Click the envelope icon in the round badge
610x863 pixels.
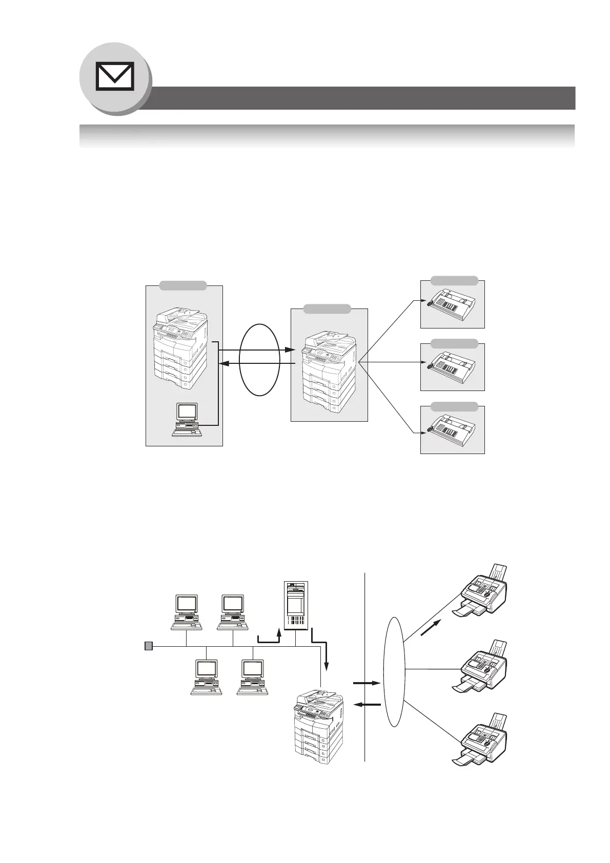coord(115,76)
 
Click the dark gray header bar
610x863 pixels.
coord(359,98)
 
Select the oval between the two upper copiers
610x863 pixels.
coord(260,359)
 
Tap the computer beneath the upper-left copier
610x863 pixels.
coord(187,419)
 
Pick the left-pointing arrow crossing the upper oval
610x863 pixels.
coord(256,363)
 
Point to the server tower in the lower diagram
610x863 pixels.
coord(296,605)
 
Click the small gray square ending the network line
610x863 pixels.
coord(148,646)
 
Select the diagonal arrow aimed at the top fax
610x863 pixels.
coord(430,628)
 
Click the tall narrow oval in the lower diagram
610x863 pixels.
coord(394,671)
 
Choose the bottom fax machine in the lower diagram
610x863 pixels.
coord(482,744)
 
